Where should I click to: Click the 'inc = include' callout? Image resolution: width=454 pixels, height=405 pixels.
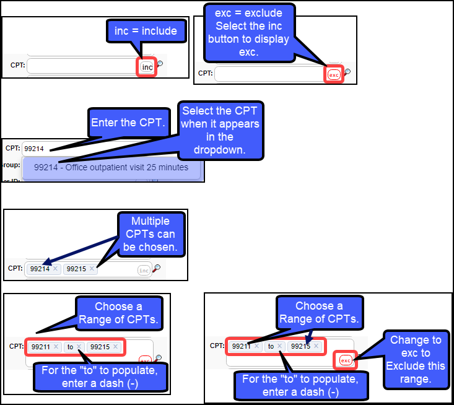pyautogui.click(x=146, y=31)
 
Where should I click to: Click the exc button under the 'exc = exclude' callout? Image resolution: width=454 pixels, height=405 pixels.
pyautogui.click(x=334, y=74)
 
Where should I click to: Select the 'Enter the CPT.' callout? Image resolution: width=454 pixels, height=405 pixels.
pyautogui.click(x=128, y=123)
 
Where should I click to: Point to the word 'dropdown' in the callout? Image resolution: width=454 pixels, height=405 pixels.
pyautogui.click(x=219, y=149)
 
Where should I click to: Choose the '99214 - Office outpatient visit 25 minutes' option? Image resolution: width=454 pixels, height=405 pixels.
pyautogui.click(x=111, y=167)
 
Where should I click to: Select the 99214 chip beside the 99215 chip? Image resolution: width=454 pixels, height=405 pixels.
pyautogui.click(x=40, y=269)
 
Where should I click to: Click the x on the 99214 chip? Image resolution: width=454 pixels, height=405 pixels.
pyautogui.click(x=55, y=269)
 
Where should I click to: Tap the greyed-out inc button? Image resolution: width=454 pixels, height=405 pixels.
pyautogui.click(x=144, y=270)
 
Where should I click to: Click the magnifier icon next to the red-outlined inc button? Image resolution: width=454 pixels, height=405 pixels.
pyautogui.click(x=160, y=64)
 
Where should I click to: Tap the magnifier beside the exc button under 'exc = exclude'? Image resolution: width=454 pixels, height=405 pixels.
pyautogui.click(x=347, y=72)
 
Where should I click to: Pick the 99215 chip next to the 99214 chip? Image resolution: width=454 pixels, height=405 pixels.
pyautogui.click(x=76, y=269)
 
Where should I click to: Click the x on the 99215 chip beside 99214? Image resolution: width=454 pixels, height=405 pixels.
pyautogui.click(x=92, y=269)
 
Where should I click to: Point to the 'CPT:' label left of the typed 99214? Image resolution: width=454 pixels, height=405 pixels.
pyautogui.click(x=12, y=148)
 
